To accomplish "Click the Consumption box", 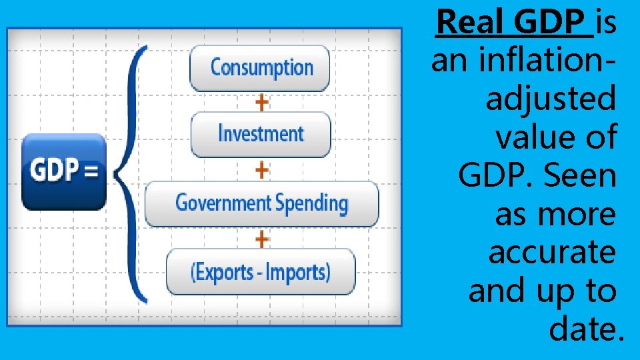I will pos(260,67).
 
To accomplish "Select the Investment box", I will pos(260,134).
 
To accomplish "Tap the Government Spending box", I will pos(261,203).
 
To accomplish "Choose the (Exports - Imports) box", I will pos(260,271).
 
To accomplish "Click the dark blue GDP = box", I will pos(64,171).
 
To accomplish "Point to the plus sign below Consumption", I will pos(262,102).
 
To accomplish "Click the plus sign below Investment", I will pos(262,169).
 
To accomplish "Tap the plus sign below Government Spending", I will pos(262,238).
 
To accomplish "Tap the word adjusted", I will pos(551,99).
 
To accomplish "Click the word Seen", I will pos(581,176).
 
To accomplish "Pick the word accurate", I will pos(553,253).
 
